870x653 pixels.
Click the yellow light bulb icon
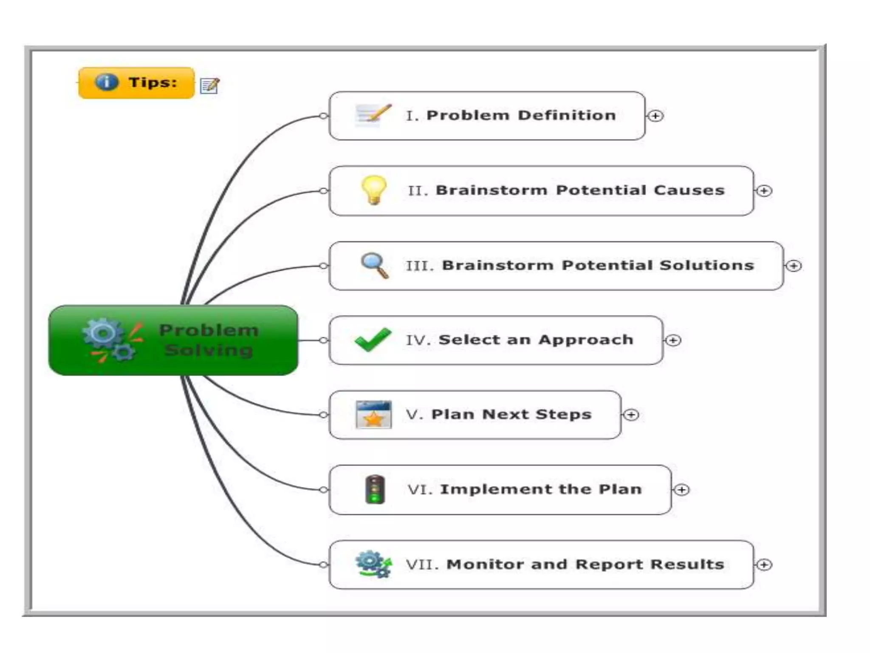coord(374,190)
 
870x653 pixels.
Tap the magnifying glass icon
coord(374,265)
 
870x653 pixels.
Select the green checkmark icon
coord(373,340)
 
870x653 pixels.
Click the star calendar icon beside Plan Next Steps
coord(373,415)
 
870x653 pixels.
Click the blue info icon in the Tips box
coord(106,82)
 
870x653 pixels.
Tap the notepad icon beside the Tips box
coord(210,85)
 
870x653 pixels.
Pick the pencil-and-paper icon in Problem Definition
coord(373,115)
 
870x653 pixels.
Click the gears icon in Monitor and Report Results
coord(373,564)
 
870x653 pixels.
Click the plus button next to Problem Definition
coord(655,116)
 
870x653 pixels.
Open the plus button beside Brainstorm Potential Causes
coord(764,191)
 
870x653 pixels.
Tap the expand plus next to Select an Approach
coord(673,340)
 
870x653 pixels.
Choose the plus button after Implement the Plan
coord(682,490)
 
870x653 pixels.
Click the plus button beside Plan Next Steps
coord(632,415)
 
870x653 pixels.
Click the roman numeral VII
coord(422,565)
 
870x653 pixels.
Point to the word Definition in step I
coord(567,116)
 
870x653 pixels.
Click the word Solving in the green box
coord(209,350)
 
